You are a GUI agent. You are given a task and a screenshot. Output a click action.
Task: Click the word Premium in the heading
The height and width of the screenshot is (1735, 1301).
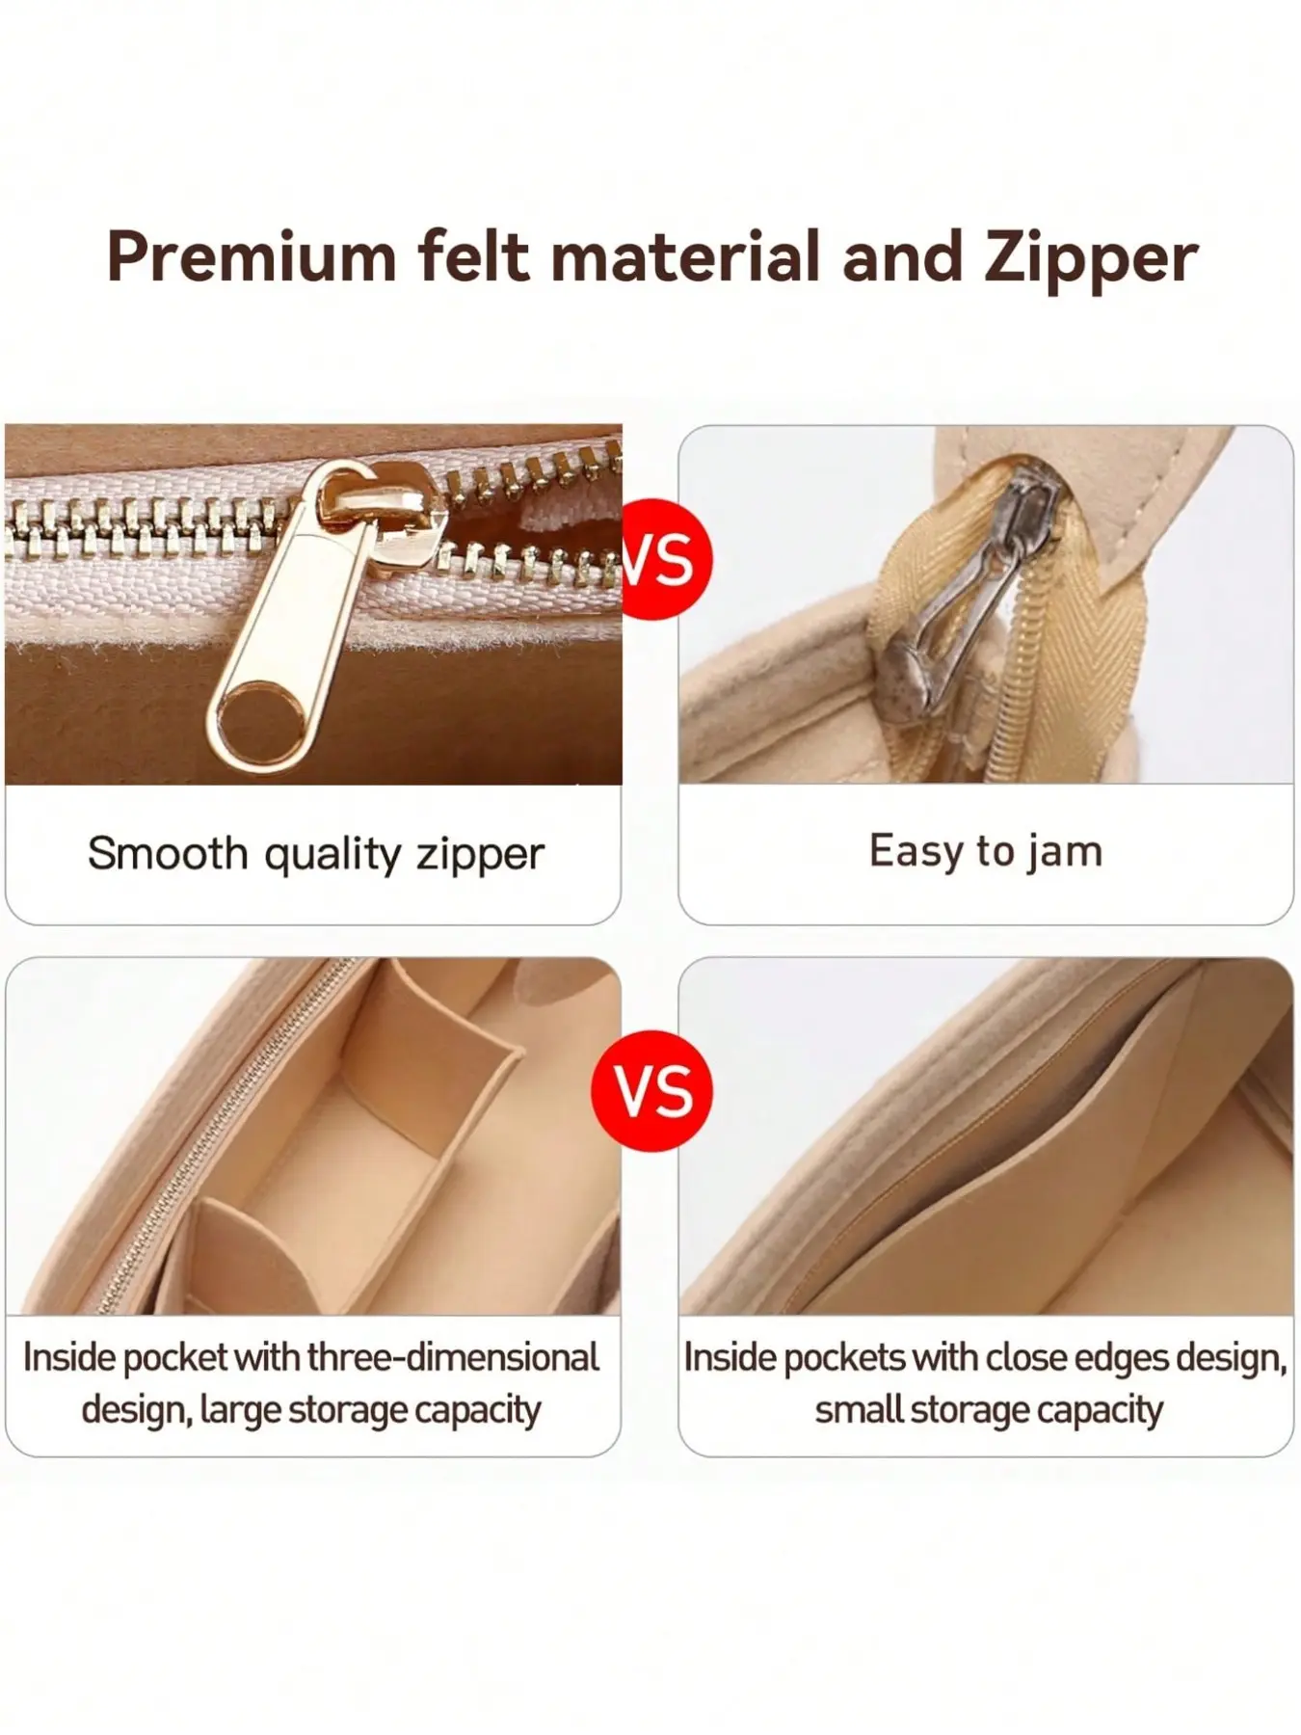(x=252, y=256)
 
